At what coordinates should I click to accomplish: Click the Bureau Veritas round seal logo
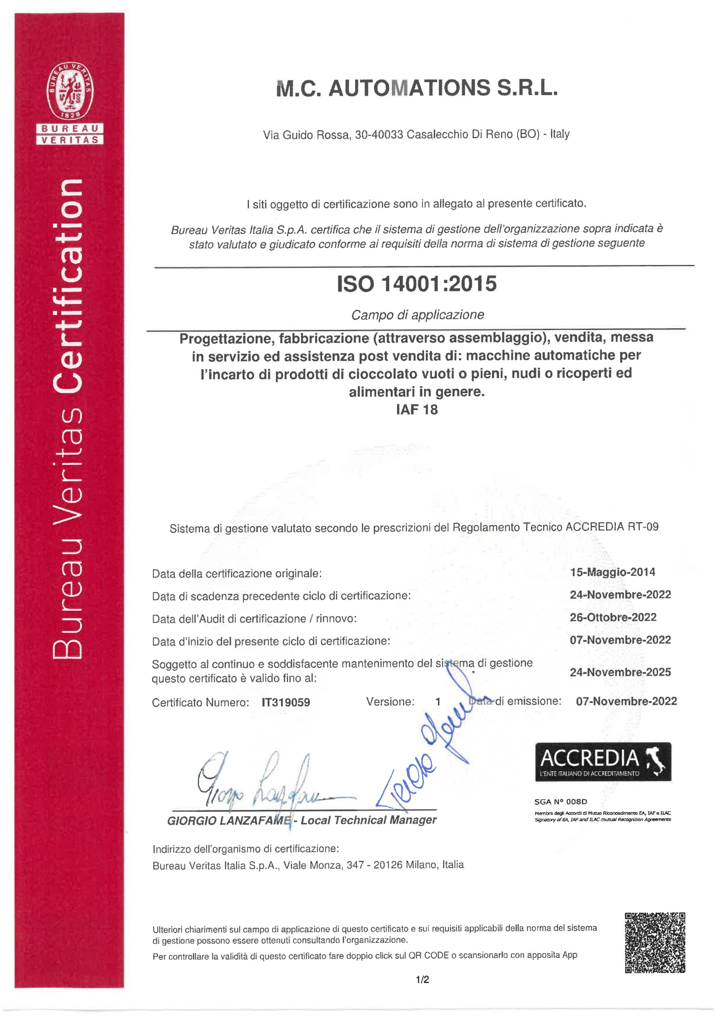coord(70,91)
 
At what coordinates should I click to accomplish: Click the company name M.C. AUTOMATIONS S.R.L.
coord(416,88)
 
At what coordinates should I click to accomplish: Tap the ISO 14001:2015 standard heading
coord(416,284)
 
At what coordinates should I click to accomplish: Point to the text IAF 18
coord(417,409)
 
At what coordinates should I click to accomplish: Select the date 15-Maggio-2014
coord(612,572)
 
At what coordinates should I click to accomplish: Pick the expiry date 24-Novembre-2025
coord(620,672)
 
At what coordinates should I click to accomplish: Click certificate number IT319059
coord(286,702)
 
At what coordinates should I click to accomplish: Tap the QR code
coord(655,943)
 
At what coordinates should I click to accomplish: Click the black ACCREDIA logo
coord(603,761)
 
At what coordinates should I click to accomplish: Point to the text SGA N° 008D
coord(560,801)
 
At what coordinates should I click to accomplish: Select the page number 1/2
coord(422,979)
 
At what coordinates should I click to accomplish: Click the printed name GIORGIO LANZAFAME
coord(229,820)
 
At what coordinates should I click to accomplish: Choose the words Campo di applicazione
coord(417,314)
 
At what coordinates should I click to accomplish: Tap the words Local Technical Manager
coord(368,820)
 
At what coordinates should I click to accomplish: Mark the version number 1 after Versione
coord(437,702)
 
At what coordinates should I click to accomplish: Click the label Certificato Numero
coord(200,703)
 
